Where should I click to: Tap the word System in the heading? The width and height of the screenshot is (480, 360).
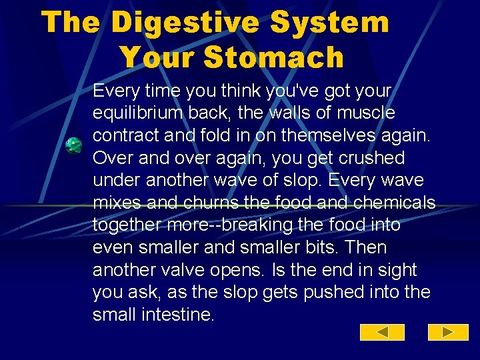tap(335, 22)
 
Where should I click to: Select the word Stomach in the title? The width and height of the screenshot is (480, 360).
tap(274, 57)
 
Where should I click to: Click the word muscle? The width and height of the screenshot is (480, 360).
tap(367, 113)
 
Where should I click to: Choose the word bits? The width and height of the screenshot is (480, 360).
tap(341, 247)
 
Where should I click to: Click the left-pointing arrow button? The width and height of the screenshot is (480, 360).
tap(382, 332)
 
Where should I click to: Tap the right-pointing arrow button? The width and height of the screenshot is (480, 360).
tap(448, 332)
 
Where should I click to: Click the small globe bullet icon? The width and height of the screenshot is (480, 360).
tap(73, 145)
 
